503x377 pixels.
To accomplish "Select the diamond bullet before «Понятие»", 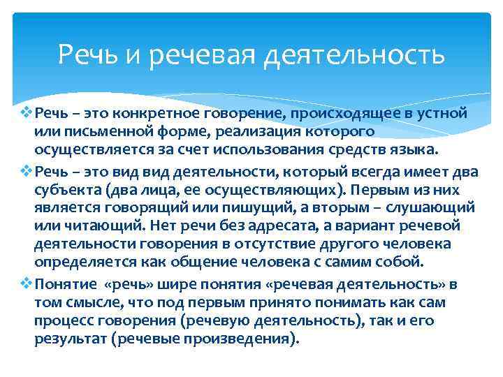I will pyautogui.click(x=28, y=283).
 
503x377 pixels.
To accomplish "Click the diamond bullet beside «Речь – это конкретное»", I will pyautogui.click(x=28, y=113).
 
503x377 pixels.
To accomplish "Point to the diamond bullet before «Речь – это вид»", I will pyautogui.click(x=28, y=170).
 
